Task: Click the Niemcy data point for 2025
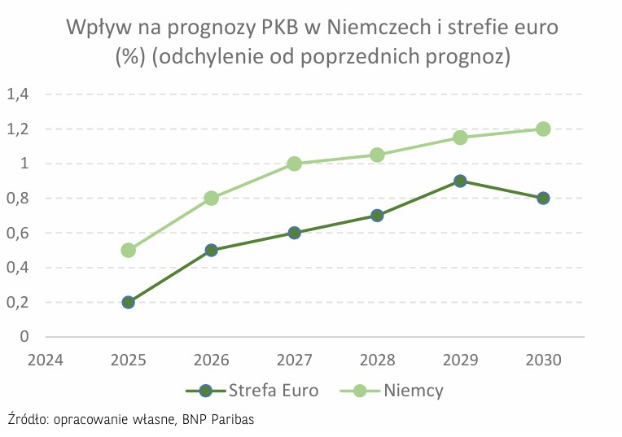(x=128, y=250)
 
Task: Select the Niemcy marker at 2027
(x=294, y=164)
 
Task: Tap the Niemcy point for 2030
(x=543, y=129)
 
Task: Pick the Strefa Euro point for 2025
(x=128, y=302)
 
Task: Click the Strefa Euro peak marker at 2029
(x=460, y=181)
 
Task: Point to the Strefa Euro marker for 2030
(x=543, y=198)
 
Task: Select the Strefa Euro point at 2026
(x=211, y=250)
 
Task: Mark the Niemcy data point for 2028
(x=377, y=155)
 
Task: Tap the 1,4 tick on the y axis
(x=18, y=94)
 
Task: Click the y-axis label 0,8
(x=18, y=198)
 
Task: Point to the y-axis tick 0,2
(x=18, y=302)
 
